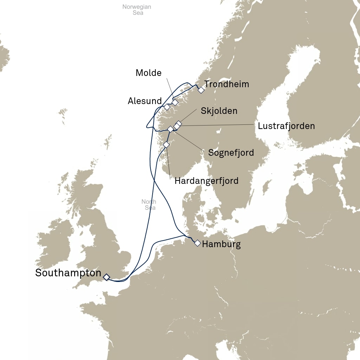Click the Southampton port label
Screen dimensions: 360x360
68,273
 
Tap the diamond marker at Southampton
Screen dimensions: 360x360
106,277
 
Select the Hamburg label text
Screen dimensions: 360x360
221,244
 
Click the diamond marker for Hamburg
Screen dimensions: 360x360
198,243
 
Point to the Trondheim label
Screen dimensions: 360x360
226,84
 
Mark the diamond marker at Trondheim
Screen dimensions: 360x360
201,90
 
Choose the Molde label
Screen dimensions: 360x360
148,73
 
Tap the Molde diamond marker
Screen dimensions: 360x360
175,103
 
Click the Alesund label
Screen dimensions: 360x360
144,101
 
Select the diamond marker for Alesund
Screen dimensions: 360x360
167,107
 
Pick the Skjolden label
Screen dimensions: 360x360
219,111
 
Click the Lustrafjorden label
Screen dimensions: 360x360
286,126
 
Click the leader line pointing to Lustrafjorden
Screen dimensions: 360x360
218,125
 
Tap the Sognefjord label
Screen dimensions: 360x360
231,153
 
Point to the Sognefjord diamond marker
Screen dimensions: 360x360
171,129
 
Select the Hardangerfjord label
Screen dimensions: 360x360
206,181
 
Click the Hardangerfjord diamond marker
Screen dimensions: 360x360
166,144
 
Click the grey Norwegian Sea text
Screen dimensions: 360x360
137,10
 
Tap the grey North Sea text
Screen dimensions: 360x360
149,205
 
